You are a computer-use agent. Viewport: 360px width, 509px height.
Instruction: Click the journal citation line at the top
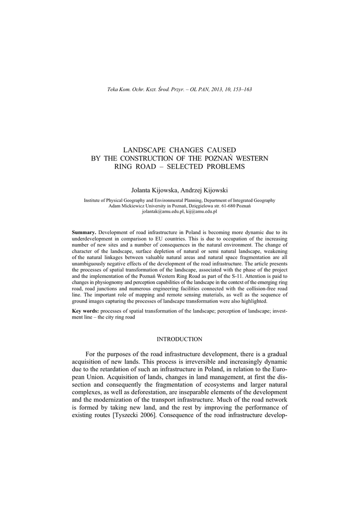[x=180, y=89]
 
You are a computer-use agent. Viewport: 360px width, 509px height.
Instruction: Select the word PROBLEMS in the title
[x=222, y=167]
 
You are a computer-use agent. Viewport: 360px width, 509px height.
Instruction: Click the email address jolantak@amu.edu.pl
[x=163, y=211]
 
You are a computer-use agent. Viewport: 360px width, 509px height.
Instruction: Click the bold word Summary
[x=84, y=233]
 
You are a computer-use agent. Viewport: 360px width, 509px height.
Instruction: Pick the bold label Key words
[x=86, y=310]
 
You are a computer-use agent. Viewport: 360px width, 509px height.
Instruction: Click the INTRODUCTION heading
[x=180, y=339]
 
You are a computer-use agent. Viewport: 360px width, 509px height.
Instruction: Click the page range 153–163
[x=242, y=89]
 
